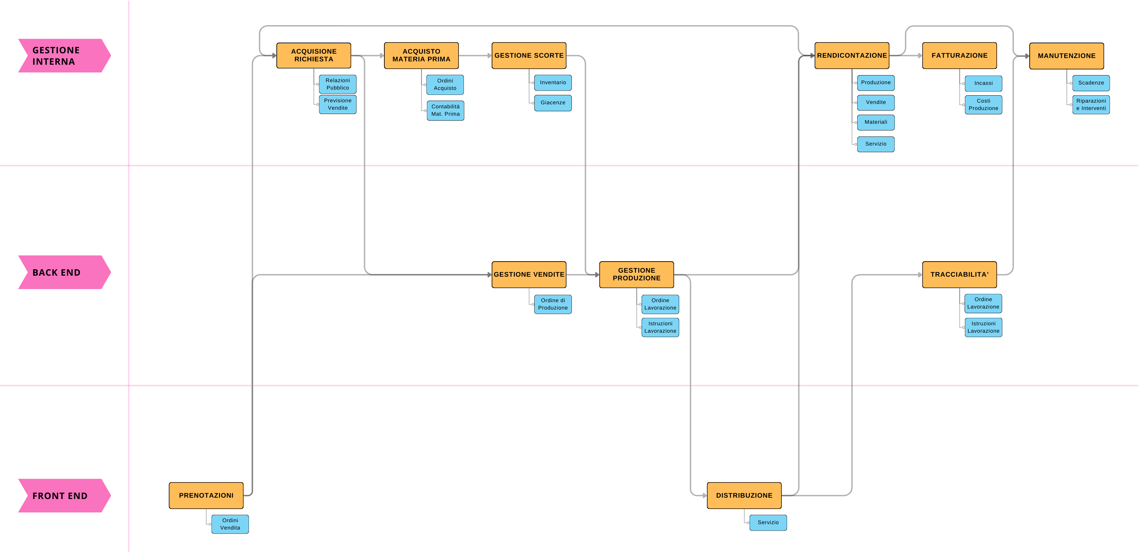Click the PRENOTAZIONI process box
coord(206,495)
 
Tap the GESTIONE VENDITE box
coord(529,275)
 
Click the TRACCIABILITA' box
coord(960,275)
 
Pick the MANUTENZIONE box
coord(1066,56)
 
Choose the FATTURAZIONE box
coord(960,55)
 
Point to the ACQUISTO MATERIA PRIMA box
coord(421,55)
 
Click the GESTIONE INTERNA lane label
coord(62,56)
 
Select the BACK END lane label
coord(62,272)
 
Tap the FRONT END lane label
coord(62,496)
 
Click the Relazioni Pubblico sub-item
coord(337,84)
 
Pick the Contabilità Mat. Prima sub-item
coord(445,110)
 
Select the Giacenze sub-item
coord(553,103)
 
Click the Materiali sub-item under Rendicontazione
coord(876,122)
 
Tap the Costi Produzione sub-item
coord(983,105)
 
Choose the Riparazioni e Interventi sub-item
coord(1091,105)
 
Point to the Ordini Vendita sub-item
coord(230,524)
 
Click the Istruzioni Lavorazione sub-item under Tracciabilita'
coord(983,327)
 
